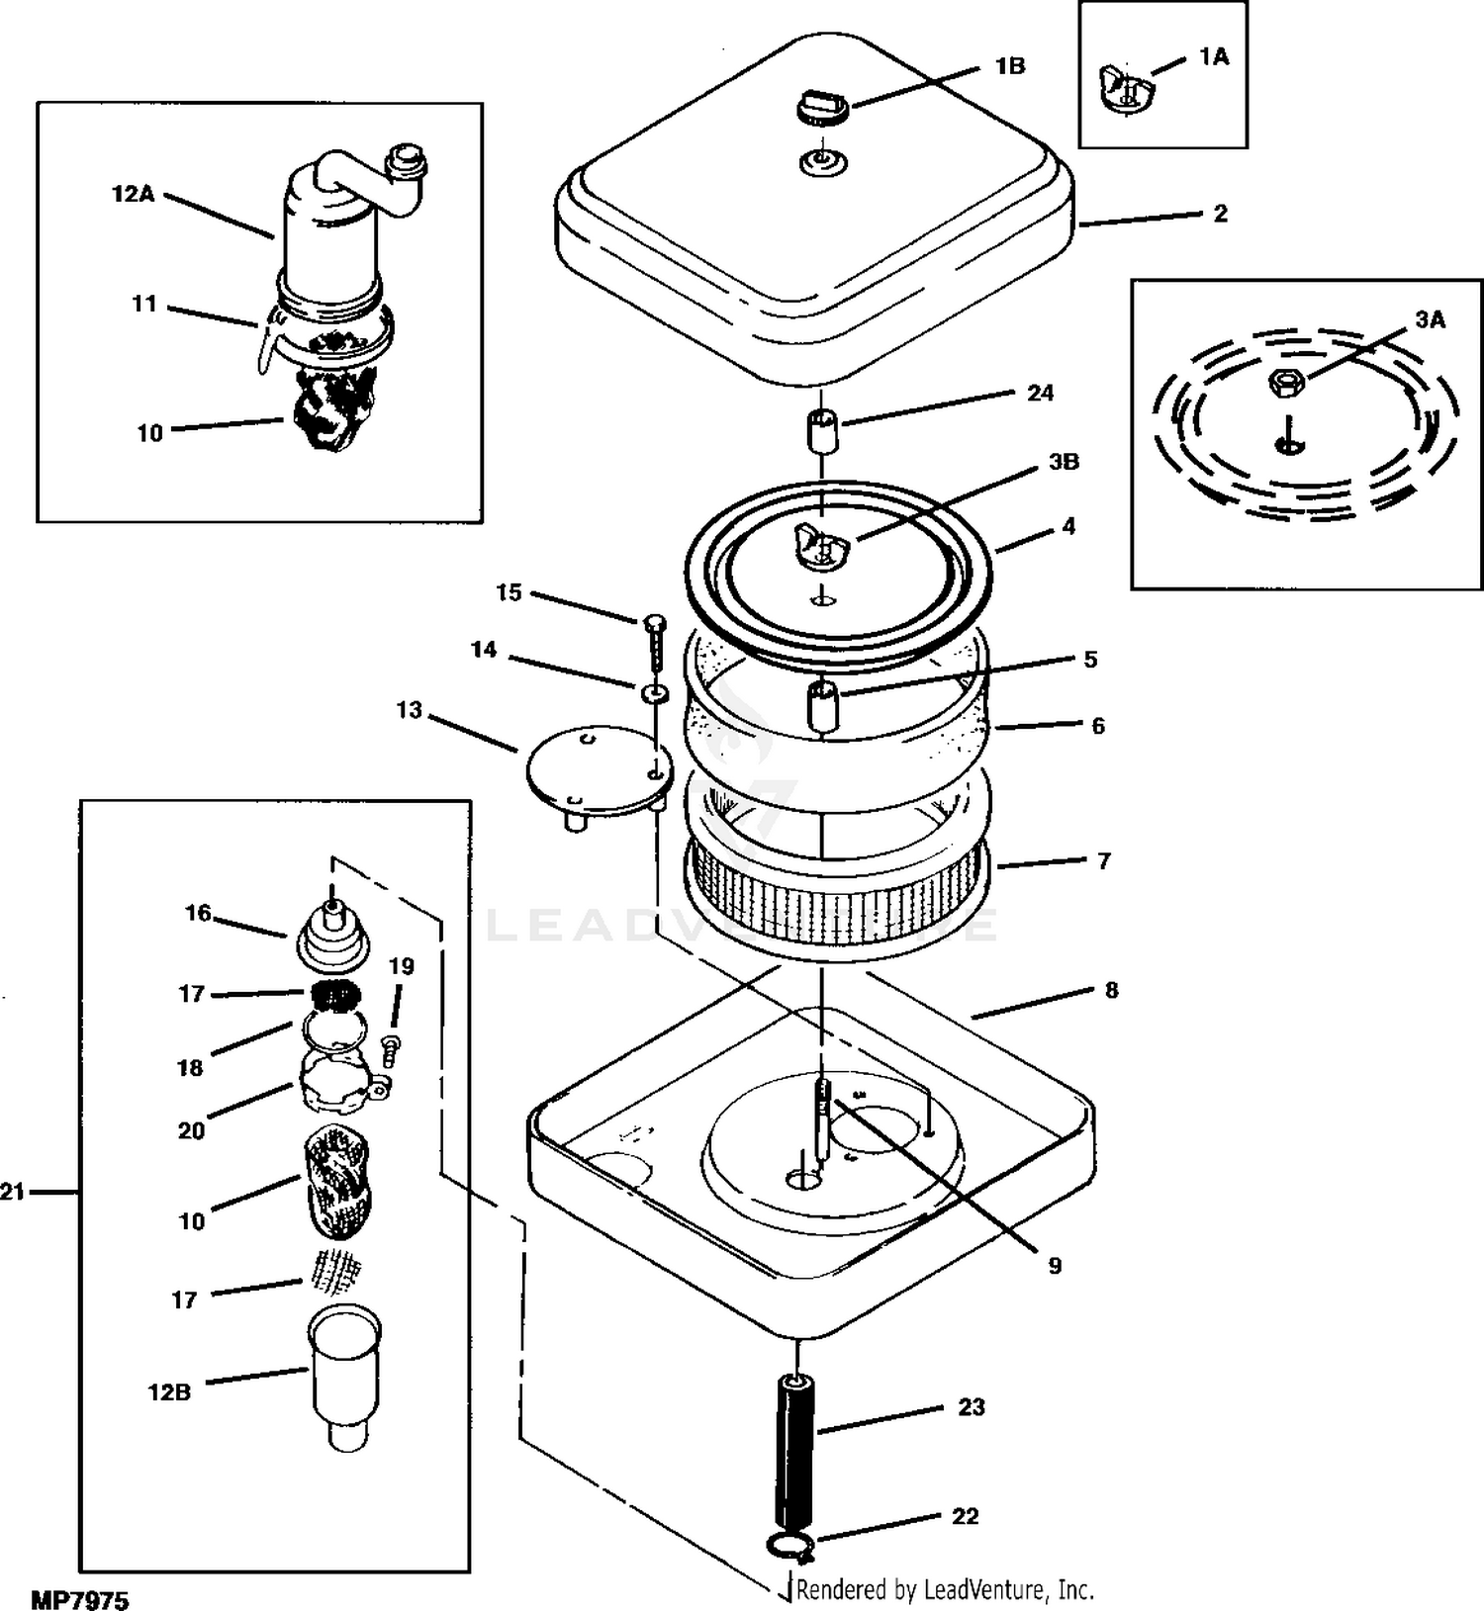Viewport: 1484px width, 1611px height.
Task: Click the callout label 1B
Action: click(1009, 66)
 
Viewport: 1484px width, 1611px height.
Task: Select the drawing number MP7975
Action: click(80, 1598)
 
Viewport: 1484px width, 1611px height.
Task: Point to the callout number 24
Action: click(1040, 394)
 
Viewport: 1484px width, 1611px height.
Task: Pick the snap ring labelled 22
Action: click(788, 1546)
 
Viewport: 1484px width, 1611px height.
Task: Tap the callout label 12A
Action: click(133, 195)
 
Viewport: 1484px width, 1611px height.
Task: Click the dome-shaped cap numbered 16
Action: click(331, 937)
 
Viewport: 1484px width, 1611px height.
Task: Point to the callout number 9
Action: click(1055, 1266)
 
